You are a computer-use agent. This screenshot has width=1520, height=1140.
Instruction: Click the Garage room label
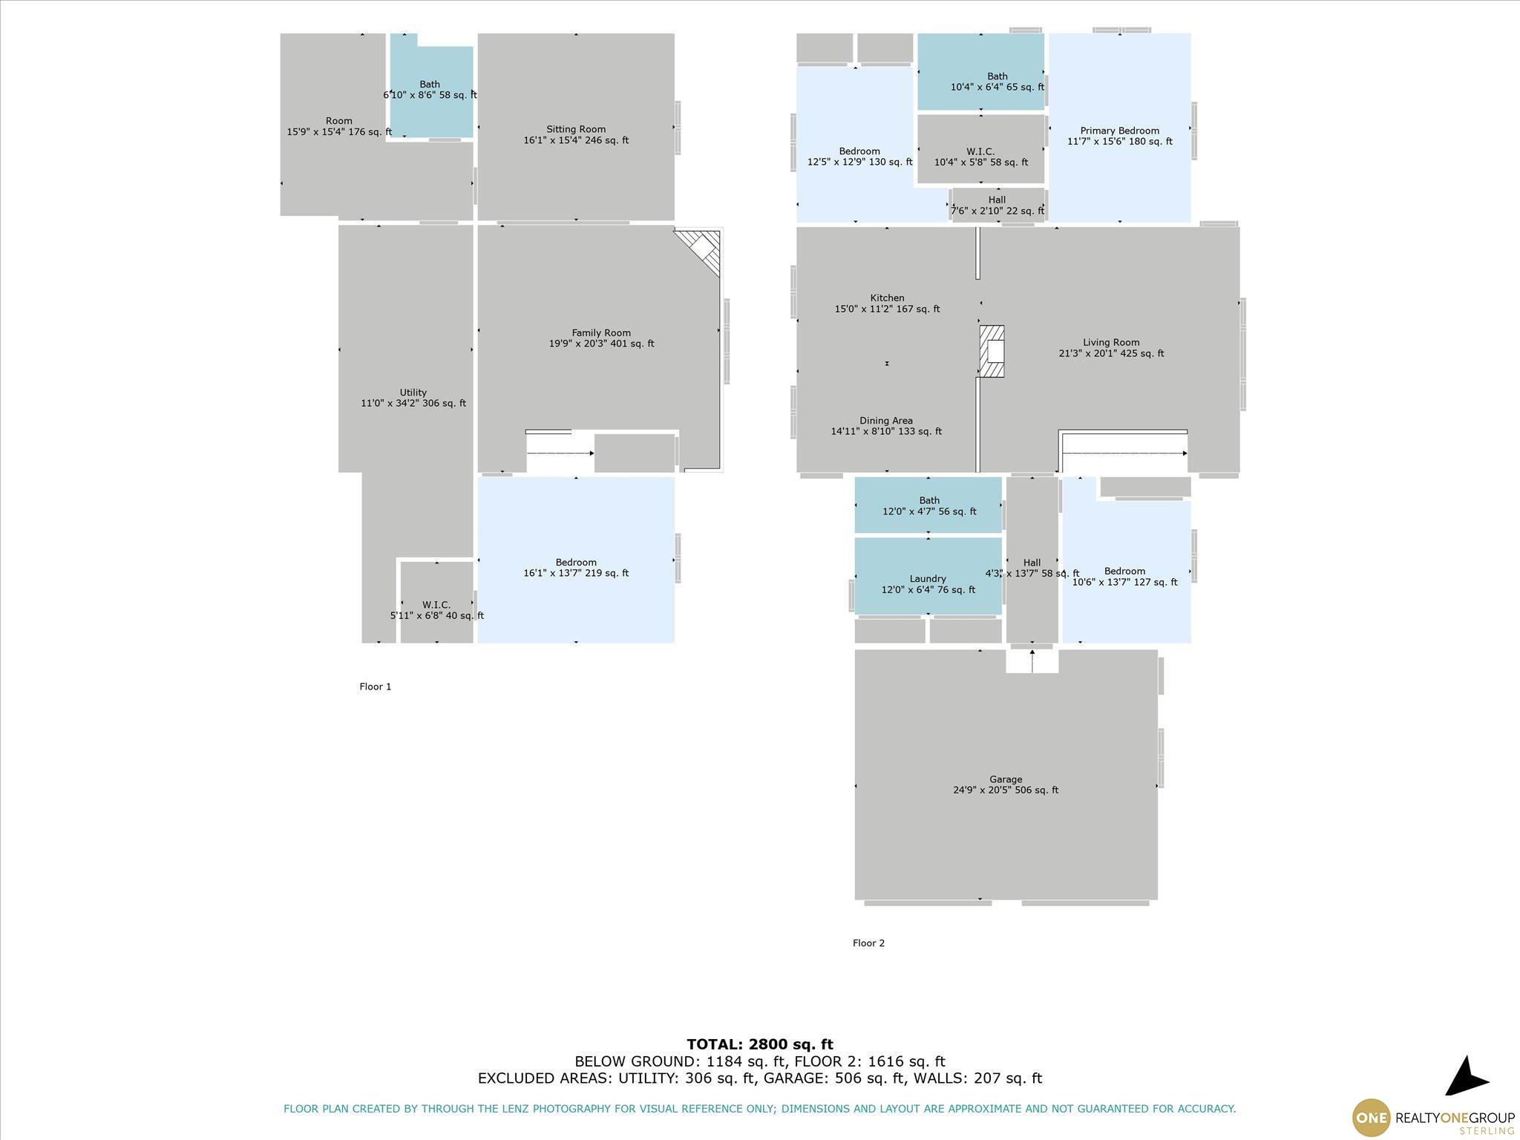coord(1006,779)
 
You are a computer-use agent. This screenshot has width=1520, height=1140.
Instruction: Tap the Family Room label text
coord(601,333)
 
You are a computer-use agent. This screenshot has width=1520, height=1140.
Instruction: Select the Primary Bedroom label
coord(1120,131)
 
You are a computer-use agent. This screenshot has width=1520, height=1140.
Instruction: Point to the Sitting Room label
coord(576,129)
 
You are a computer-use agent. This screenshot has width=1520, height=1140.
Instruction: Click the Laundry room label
coord(928,579)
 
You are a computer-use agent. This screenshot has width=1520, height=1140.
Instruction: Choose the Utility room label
coord(413,393)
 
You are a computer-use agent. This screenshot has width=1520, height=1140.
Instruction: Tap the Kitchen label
coord(888,298)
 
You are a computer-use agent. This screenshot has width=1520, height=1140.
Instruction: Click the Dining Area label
coord(886,421)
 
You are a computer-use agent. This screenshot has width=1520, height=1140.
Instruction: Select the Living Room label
coord(1111,343)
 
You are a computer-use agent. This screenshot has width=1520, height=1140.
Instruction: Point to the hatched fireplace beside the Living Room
coord(992,351)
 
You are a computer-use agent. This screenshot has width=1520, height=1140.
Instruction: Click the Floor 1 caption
coord(376,687)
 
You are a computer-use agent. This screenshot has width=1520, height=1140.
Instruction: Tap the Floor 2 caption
coord(868,943)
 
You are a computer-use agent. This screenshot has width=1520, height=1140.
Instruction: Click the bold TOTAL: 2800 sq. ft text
coord(760,1045)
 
